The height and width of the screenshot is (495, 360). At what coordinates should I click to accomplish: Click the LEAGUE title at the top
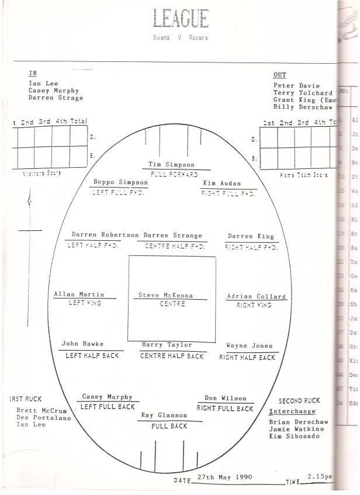[x=180, y=19]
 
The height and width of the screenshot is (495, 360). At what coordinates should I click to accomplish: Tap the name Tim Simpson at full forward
[x=171, y=165]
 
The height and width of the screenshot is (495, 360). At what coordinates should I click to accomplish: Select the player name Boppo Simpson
[x=121, y=182]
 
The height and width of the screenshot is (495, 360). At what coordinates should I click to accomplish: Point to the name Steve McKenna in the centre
[x=165, y=296]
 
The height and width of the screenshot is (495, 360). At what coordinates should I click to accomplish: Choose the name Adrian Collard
[x=256, y=297]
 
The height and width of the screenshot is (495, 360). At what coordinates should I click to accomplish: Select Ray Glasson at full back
[x=164, y=416]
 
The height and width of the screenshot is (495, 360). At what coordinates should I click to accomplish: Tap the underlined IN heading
[x=32, y=74]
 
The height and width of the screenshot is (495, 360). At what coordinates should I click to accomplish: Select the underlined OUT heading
[x=279, y=75]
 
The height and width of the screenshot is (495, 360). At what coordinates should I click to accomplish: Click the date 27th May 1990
[x=225, y=477]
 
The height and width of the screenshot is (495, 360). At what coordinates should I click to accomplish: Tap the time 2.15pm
[x=320, y=477]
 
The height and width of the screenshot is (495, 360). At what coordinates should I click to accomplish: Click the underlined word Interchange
[x=292, y=411]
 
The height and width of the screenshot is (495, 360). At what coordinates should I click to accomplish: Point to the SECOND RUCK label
[x=299, y=401]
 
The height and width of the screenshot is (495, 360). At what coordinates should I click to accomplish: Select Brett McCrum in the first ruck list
[x=41, y=410]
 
